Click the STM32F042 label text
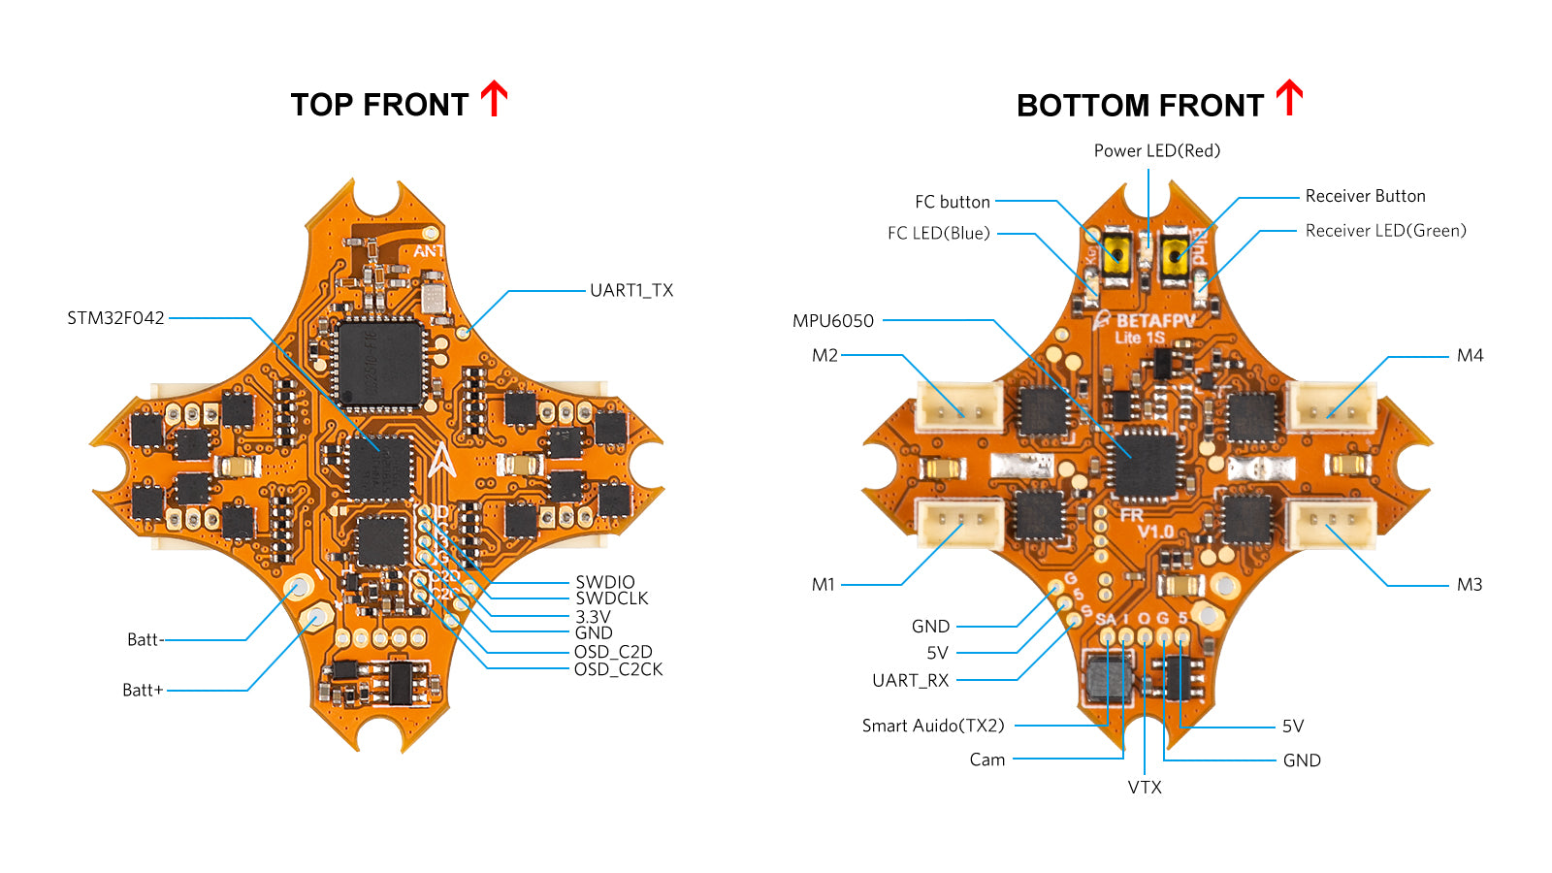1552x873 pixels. tap(115, 318)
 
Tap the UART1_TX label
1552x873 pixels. tap(631, 290)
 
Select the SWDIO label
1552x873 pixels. tap(605, 582)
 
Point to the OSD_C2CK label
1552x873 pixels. tap(618, 669)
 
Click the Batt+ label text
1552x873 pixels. tap(143, 690)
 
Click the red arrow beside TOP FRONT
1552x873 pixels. tap(495, 99)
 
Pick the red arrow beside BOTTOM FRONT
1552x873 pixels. tap(1289, 99)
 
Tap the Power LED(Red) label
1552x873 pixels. tap(1157, 150)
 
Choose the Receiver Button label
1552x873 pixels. tap(1365, 196)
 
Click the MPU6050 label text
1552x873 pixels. tap(833, 321)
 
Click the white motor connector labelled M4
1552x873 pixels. tap(1330, 406)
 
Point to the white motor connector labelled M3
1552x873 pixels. tap(1330, 524)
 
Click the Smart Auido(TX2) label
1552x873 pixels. tap(933, 726)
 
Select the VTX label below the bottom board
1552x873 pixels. tap(1145, 787)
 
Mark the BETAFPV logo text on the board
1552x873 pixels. tap(1154, 321)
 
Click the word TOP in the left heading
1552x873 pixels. tap(321, 105)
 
